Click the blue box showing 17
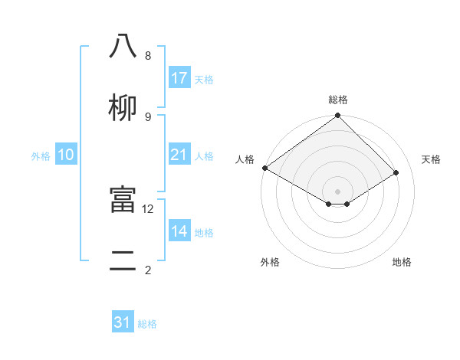pyautogui.click(x=179, y=78)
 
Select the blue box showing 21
pyautogui.click(x=179, y=155)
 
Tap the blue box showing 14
pyautogui.click(x=179, y=231)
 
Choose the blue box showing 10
pyautogui.click(x=66, y=155)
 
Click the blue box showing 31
pyautogui.click(x=123, y=322)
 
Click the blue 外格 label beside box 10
pyautogui.click(x=41, y=156)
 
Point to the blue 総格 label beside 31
pyautogui.click(x=147, y=324)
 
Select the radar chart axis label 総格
pyautogui.click(x=338, y=100)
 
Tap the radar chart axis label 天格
pyautogui.click(x=431, y=159)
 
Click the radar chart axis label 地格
pyautogui.click(x=402, y=262)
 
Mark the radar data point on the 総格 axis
pyautogui.click(x=338, y=116)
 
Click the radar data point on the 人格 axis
pyautogui.click(x=264, y=168)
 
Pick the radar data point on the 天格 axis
pyautogui.click(x=396, y=172)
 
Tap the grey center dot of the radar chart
pyautogui.click(x=338, y=191)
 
